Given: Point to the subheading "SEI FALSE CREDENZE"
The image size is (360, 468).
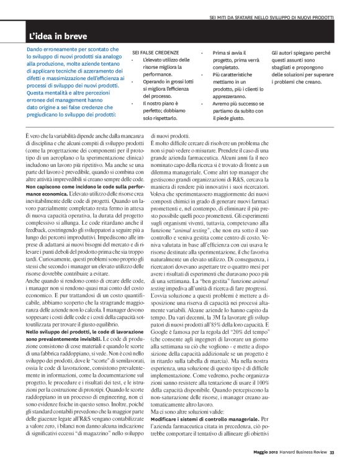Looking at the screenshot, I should [x=155, y=53].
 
